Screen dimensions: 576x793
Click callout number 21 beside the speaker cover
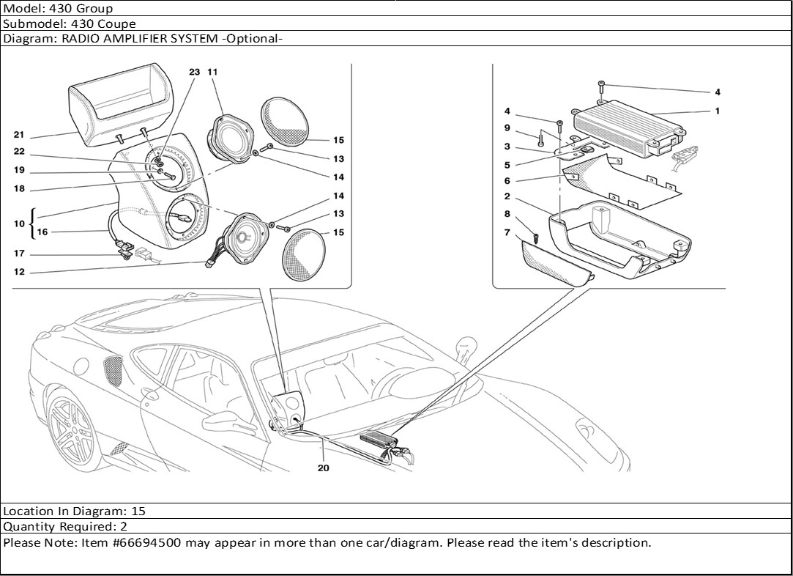tap(19, 135)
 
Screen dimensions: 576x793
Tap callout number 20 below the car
tap(323, 468)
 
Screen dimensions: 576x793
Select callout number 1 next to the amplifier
tap(718, 111)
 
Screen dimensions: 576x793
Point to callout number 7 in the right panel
tap(506, 232)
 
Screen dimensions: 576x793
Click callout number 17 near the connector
tap(19, 254)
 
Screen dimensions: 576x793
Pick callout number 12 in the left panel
tap(19, 272)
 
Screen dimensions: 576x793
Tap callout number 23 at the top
tap(194, 73)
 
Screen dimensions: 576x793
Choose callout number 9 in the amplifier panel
tap(506, 128)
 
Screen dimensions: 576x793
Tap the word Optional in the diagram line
tap(252, 39)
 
